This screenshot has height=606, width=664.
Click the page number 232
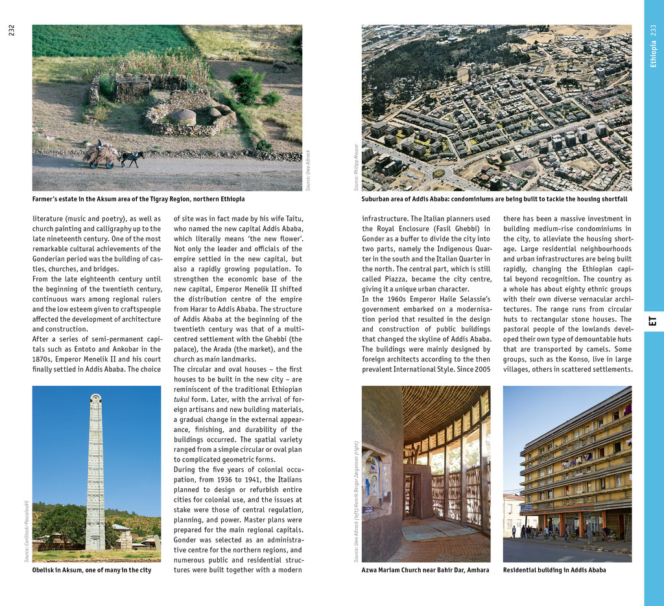click(x=12, y=30)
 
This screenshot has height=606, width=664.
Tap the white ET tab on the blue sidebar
click(x=653, y=321)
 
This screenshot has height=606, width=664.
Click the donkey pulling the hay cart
click(x=132, y=158)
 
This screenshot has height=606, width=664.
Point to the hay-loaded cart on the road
click(x=101, y=155)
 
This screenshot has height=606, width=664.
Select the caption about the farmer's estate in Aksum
click(x=138, y=199)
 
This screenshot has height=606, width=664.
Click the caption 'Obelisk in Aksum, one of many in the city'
click(x=91, y=570)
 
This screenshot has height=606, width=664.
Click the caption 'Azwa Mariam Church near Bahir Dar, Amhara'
click(x=425, y=570)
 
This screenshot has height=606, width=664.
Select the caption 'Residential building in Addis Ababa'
click(x=554, y=570)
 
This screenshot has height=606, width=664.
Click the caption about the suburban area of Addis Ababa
click(x=494, y=199)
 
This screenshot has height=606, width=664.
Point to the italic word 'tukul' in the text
click(x=183, y=399)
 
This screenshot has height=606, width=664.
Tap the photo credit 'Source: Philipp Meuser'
click(x=356, y=167)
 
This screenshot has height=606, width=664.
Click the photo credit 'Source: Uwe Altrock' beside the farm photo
click(x=309, y=170)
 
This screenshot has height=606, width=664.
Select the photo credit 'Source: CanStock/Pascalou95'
click(x=27, y=530)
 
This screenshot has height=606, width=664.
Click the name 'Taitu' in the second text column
click(x=293, y=219)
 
